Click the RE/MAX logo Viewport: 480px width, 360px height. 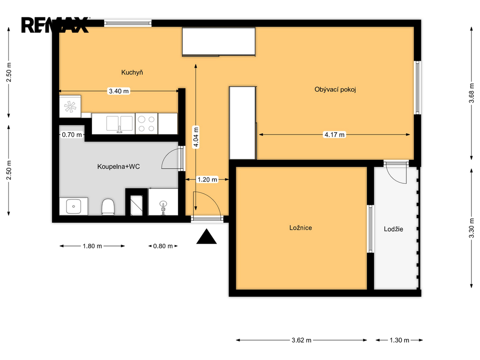(x=55, y=25)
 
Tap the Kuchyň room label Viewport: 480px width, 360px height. (x=132, y=73)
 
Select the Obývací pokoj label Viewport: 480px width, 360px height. (x=335, y=90)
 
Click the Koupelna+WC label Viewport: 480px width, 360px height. (x=119, y=167)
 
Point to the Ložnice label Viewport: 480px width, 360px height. (x=300, y=228)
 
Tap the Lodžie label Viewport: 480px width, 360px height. (x=393, y=229)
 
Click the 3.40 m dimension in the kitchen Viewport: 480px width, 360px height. (x=119, y=91)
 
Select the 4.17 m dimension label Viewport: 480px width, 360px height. (x=335, y=135)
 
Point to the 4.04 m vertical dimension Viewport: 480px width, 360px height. (x=195, y=137)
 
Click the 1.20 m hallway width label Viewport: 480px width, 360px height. (x=207, y=180)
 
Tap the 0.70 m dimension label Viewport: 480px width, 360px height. (x=72, y=135)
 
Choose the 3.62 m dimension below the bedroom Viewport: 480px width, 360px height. (x=301, y=340)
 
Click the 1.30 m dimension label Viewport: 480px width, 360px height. (x=399, y=340)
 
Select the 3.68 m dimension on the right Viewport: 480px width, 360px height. (x=472, y=93)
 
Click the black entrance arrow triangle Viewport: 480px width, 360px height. (x=207, y=236)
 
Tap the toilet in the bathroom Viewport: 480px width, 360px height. (x=108, y=207)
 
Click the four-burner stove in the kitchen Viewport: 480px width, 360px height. (x=146, y=124)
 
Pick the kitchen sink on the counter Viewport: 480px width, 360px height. (x=120, y=124)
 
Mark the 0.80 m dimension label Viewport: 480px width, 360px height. (x=163, y=246)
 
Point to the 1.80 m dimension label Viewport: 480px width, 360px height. (x=92, y=246)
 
